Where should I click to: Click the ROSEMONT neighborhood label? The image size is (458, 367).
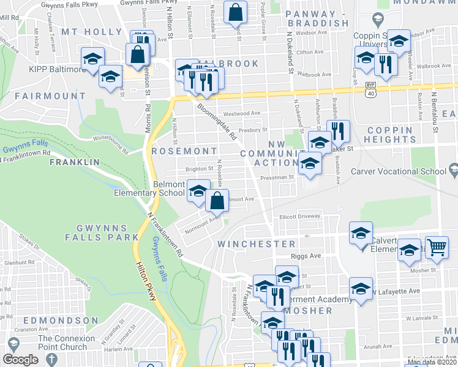point(184,150)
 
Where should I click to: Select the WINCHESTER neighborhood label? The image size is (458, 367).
point(257,243)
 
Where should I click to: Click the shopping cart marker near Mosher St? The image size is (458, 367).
point(436,248)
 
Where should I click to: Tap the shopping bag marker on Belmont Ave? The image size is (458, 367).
point(217,200)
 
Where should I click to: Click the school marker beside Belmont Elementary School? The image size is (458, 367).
point(198,191)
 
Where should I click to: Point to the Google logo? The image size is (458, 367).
point(20,360)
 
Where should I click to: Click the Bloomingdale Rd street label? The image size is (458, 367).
point(217,122)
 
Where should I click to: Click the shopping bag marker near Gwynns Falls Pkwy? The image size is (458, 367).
point(235,12)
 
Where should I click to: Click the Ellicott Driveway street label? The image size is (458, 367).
point(300,216)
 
